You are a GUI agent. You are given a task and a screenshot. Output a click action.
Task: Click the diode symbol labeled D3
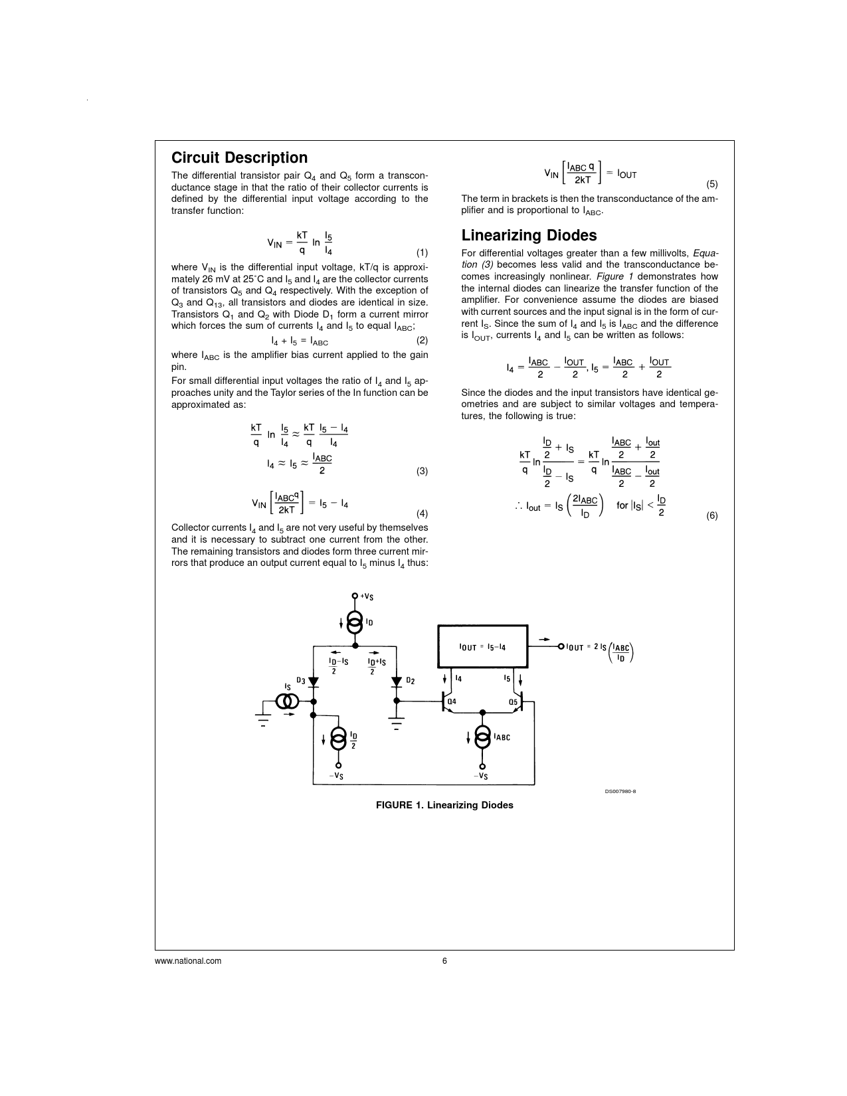[314, 682]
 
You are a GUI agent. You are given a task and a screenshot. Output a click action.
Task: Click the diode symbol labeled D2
[397, 682]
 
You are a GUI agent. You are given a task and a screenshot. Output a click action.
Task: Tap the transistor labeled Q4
[446, 702]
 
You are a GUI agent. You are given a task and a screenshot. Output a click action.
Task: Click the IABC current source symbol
[482, 736]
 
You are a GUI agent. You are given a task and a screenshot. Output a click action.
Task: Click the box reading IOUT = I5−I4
[482, 646]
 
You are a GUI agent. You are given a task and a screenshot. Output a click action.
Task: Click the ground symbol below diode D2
[397, 723]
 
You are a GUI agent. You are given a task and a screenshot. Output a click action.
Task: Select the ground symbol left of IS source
[264, 719]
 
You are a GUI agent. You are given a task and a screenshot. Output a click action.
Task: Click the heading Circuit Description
[239, 157]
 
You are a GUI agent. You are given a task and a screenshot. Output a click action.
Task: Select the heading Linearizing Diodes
[529, 235]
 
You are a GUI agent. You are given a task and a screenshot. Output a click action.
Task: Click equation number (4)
[422, 513]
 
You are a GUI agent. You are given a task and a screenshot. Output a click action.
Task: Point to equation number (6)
[711, 515]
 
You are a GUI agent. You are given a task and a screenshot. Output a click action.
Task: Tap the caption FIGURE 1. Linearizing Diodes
[444, 805]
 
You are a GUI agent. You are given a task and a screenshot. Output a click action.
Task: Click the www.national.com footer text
[188, 960]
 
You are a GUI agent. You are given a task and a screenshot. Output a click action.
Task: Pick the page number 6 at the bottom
[444, 960]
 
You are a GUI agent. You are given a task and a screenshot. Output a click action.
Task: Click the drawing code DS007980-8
[620, 791]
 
